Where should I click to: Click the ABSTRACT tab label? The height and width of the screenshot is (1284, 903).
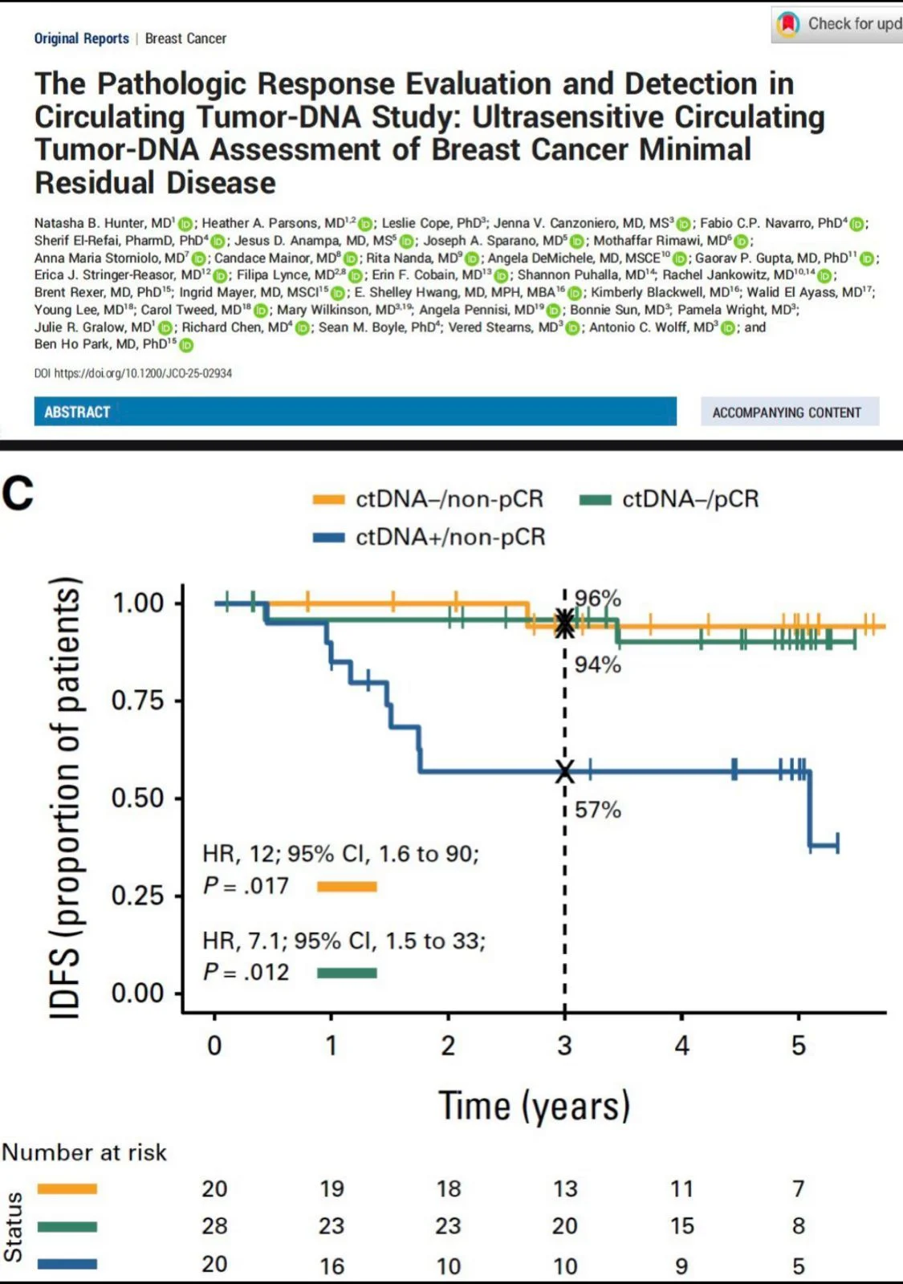tap(77, 412)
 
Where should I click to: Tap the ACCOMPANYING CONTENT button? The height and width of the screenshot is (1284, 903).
tap(787, 412)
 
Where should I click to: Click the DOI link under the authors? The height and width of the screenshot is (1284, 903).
tap(133, 373)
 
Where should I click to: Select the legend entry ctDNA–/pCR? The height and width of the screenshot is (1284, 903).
tap(689, 499)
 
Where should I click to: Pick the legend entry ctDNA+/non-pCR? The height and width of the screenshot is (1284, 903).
tap(449, 537)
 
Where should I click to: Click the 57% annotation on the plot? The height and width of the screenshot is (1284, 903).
tap(598, 810)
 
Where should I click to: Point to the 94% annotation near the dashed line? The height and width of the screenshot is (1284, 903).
tap(598, 664)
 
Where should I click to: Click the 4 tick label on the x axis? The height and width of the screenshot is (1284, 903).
tap(681, 1046)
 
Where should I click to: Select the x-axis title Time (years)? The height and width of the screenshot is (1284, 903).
tap(534, 1106)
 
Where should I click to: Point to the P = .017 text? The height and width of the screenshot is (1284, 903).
tap(246, 886)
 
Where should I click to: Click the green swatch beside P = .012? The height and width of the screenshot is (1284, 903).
tap(347, 973)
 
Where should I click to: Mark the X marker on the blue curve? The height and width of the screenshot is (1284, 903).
tap(565, 772)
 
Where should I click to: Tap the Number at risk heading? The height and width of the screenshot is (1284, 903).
tap(84, 1152)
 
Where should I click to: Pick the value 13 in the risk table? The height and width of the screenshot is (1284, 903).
tap(565, 1189)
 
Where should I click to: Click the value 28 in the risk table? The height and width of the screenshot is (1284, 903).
tap(214, 1226)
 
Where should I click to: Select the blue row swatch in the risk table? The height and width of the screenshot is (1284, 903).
tap(67, 1264)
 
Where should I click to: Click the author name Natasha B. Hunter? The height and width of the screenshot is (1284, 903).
tap(102, 223)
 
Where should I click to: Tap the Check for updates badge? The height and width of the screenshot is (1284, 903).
tap(839, 24)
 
